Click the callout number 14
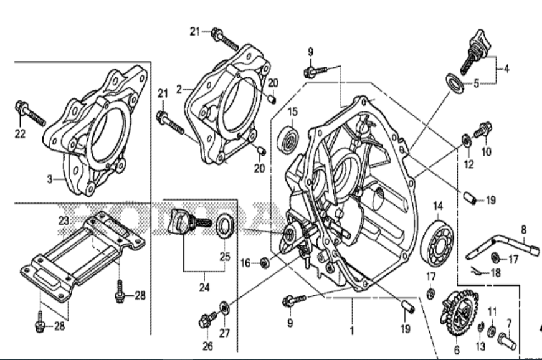tap(438, 206)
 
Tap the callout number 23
tap(64, 220)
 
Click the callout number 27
tap(224, 333)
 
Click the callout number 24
tap(204, 288)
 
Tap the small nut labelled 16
tap(265, 263)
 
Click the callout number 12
tap(468, 164)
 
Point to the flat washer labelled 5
tap(455, 82)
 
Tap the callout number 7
tap(508, 323)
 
